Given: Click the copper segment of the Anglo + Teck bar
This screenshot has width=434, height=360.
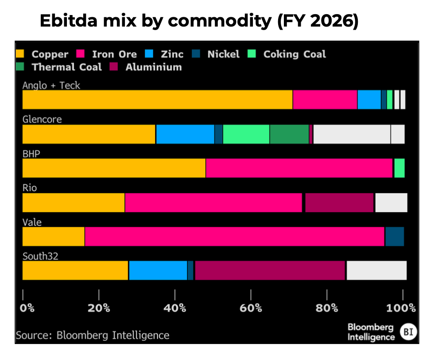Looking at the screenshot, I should pyautogui.click(x=157, y=100).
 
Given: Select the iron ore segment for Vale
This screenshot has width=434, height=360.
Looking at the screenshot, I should pyautogui.click(x=235, y=236).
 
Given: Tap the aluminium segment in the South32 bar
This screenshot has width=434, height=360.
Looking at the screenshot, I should pyautogui.click(x=270, y=271).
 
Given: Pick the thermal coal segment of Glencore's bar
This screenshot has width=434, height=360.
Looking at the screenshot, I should pyautogui.click(x=289, y=134).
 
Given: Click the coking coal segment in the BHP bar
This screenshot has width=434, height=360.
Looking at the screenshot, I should pyautogui.click(x=399, y=168).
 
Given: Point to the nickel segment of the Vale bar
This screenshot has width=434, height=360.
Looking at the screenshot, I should pyautogui.click(x=395, y=236).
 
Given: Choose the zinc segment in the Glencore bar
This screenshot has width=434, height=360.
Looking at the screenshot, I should pyautogui.click(x=185, y=134).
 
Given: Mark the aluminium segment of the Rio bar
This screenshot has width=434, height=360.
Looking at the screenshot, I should pyautogui.click(x=339, y=202).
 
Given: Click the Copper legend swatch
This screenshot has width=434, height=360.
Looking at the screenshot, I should pyautogui.click(x=20, y=54).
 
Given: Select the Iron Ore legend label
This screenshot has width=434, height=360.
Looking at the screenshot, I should pyautogui.click(x=114, y=54).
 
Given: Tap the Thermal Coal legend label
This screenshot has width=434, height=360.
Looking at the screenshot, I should pyautogui.click(x=67, y=67).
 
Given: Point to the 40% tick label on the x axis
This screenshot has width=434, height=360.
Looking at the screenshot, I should pyautogui.click(x=175, y=308).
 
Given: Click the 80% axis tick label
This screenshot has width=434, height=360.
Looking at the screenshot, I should pyautogui.click(x=327, y=308).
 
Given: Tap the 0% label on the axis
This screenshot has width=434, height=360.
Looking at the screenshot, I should pyautogui.click(x=27, y=308).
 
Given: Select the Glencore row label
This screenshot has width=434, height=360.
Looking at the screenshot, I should pyautogui.click(x=42, y=120).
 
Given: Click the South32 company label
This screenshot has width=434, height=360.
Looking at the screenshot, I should pyautogui.click(x=41, y=256).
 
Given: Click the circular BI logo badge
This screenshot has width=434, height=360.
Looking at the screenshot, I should pyautogui.click(x=408, y=332).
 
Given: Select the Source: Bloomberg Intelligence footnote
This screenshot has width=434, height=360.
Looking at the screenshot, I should pyautogui.click(x=93, y=335).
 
